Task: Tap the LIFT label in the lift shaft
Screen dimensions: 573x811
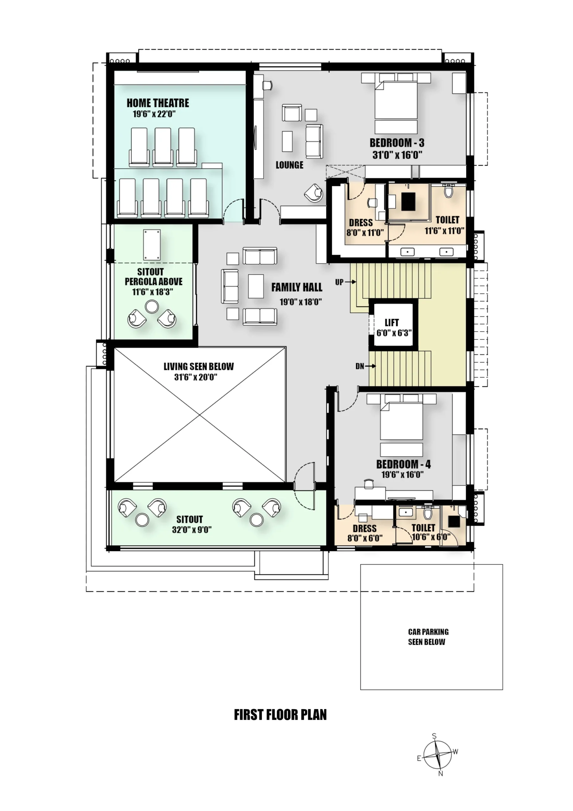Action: click(x=392, y=322)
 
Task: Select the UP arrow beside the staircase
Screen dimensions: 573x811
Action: click(x=350, y=282)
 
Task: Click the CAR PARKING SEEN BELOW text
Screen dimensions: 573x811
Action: click(x=428, y=637)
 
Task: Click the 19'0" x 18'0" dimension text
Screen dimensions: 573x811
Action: click(x=301, y=302)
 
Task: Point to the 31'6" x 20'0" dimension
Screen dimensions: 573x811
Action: click(x=196, y=377)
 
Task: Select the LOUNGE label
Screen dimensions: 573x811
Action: click(x=289, y=165)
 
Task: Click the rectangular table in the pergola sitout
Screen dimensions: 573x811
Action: click(x=152, y=245)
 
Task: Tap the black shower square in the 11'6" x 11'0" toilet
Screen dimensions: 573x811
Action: click(x=408, y=201)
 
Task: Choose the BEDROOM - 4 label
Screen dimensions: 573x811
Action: click(x=404, y=464)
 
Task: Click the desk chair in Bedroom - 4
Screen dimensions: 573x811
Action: click(x=368, y=483)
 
